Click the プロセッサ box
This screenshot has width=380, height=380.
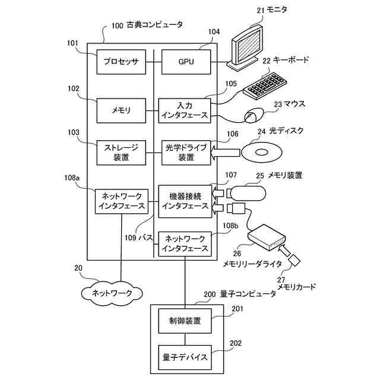[x=121, y=62]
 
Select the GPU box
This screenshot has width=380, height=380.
[x=186, y=62]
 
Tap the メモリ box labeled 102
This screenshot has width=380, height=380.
[x=121, y=110]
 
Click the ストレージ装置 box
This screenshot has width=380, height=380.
[x=121, y=153]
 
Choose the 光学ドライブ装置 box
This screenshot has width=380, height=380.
[x=186, y=153]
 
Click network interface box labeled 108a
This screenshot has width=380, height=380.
[x=121, y=201]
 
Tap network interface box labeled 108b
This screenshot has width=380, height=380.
[x=185, y=243]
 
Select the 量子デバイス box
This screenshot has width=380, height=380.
[x=185, y=357]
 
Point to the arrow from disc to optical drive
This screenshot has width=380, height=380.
[x=226, y=153]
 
